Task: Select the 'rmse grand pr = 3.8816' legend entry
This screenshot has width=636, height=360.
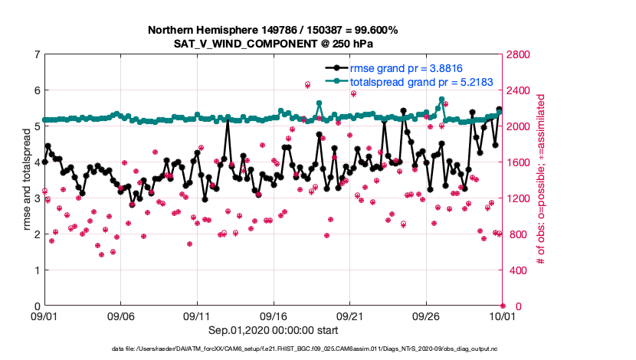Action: (x=398, y=67)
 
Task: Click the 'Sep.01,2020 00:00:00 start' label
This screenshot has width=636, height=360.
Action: (x=273, y=330)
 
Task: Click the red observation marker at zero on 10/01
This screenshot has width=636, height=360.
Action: (x=503, y=306)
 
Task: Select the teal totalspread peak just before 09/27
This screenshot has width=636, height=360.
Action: (x=441, y=100)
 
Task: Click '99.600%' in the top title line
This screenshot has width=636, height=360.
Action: (x=371, y=30)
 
